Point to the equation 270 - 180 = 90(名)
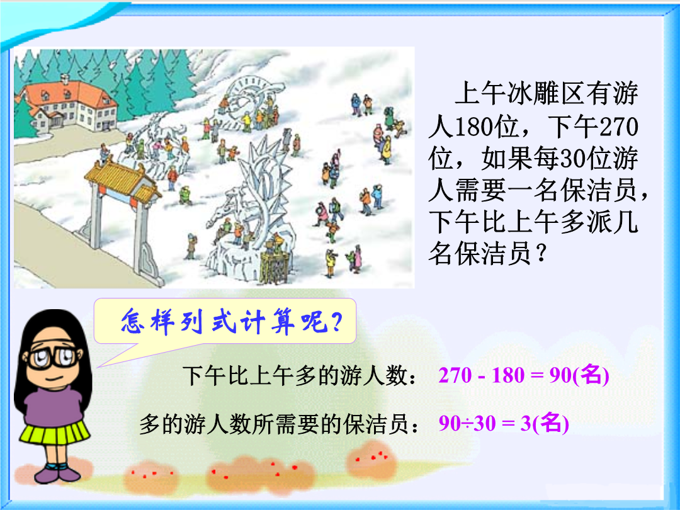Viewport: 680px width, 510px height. [523, 375]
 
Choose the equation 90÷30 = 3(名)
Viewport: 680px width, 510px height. [504, 423]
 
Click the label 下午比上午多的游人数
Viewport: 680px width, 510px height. [295, 375]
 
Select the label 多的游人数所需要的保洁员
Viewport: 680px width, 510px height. [273, 424]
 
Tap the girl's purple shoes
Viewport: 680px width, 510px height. [58, 473]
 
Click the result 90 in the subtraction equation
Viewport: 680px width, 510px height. [560, 375]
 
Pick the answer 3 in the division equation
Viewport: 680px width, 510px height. [526, 423]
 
